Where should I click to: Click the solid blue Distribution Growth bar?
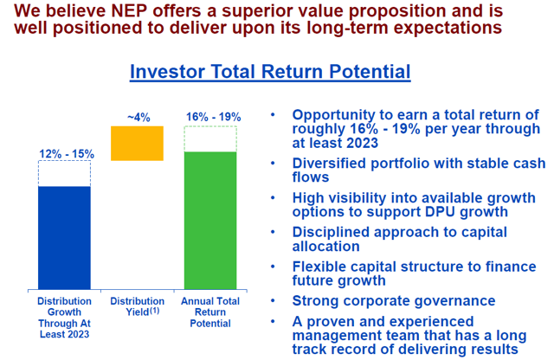pos(64,238)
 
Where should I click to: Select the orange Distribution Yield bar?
pos(137,144)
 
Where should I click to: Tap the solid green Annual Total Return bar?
pos(210,221)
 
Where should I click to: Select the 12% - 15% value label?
pos(67,154)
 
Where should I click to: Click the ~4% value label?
pos(138,118)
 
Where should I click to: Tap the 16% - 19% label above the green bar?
pos(214,117)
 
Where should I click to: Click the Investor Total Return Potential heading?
pos(270,72)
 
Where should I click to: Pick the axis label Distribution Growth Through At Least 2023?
pos(64,318)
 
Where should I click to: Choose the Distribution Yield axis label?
pos(138,306)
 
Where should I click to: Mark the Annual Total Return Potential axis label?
pos(210,312)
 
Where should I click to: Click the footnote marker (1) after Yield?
pos(155,311)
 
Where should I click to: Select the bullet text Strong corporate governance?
pos(394,300)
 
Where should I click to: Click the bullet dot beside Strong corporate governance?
pos(273,301)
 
